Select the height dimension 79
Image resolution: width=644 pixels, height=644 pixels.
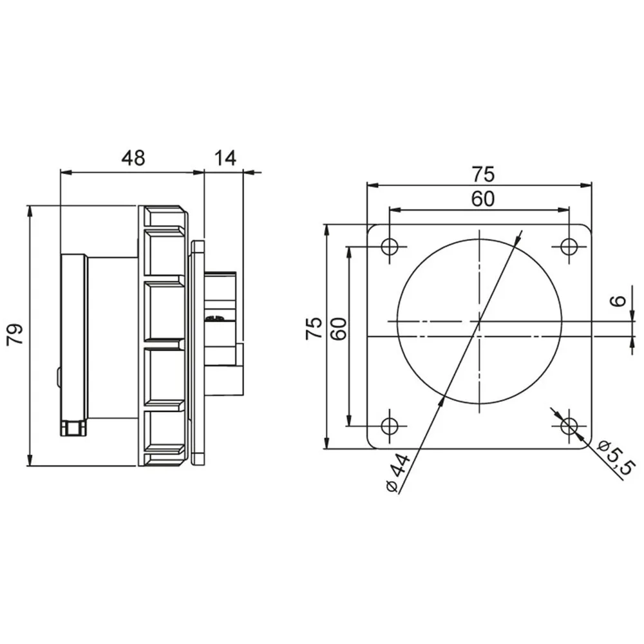point(15,335)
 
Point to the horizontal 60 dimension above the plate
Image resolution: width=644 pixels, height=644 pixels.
point(482,199)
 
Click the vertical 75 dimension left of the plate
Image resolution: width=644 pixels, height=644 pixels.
point(314,328)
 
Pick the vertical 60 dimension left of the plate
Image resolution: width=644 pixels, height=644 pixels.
point(339,328)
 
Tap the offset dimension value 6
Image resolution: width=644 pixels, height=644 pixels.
point(618,301)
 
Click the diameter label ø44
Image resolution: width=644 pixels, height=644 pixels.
point(397,472)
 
